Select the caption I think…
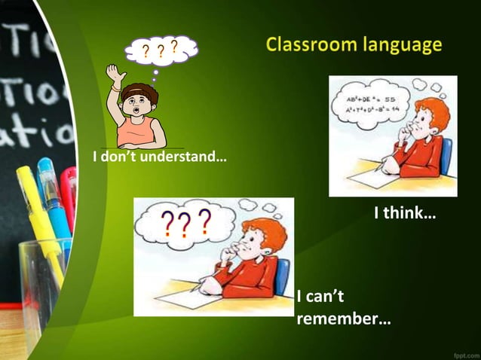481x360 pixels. (x=405, y=214)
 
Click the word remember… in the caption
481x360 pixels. (x=344, y=319)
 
